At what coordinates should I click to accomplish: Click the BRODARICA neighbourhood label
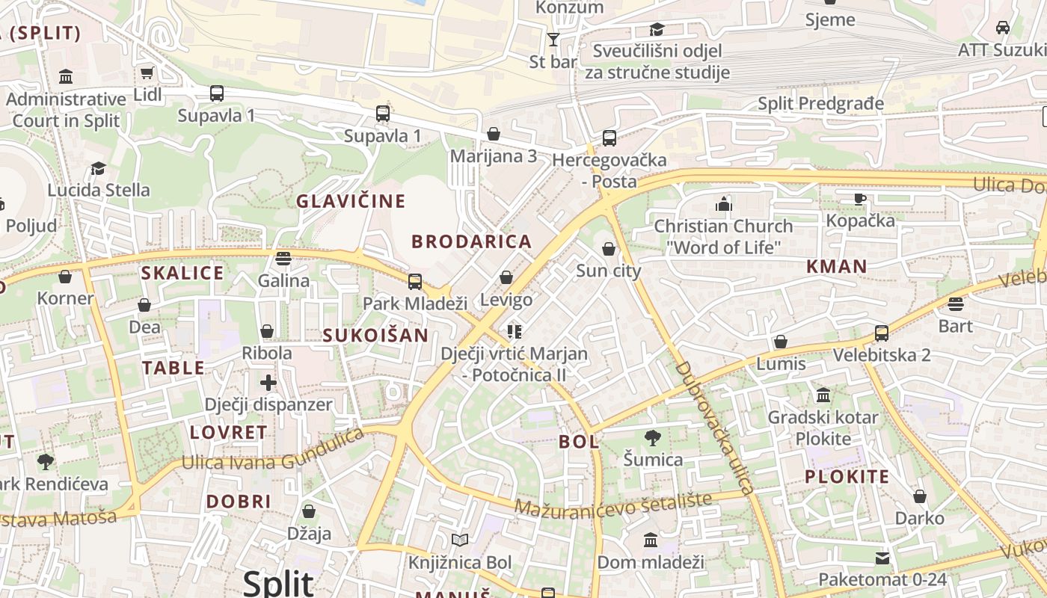pos(472,241)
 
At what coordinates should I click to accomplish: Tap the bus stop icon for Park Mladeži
pos(415,282)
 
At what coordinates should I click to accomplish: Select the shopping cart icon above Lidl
pos(147,73)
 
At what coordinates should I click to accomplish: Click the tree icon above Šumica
pos(653,438)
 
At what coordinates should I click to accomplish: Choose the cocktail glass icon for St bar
pos(553,40)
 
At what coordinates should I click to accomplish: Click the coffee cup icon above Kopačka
pos(860,199)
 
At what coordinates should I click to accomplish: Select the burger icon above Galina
pos(283,259)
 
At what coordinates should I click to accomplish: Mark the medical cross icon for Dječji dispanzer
pos(268,383)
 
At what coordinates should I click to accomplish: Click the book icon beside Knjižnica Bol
pos(460,540)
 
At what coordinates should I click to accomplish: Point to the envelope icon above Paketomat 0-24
pos(882,558)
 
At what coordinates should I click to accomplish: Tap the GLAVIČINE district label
pos(351,201)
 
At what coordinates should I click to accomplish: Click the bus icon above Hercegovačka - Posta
pos(610,138)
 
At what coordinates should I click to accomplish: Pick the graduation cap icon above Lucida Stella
pos(99,168)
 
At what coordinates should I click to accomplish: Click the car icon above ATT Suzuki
pos(1003,28)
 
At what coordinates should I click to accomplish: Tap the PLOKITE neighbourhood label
pos(847,477)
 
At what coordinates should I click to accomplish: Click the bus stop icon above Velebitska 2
pos(882,333)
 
